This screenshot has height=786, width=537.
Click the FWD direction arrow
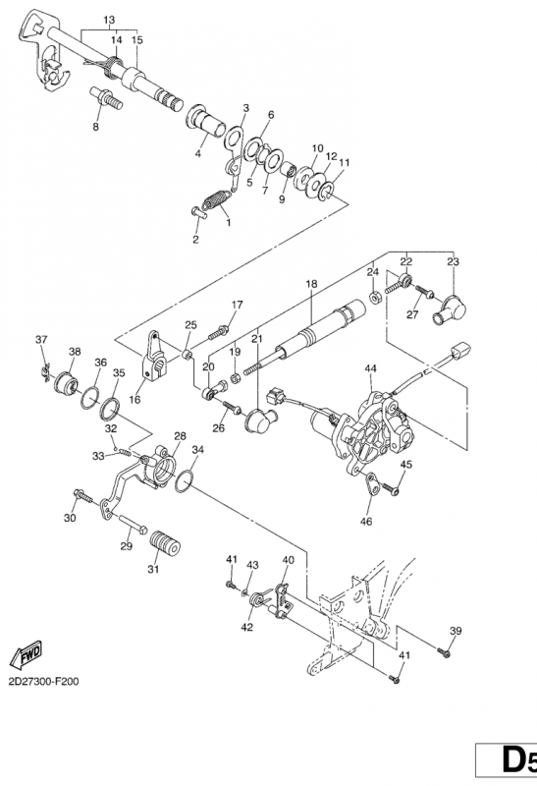point(27,655)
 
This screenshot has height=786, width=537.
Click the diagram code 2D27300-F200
point(43,682)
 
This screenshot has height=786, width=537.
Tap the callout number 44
point(370,368)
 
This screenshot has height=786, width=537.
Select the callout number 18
point(311,284)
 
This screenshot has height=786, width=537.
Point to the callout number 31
point(153,569)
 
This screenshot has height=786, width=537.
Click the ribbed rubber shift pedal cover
point(166,544)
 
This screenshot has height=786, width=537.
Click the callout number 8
point(95,127)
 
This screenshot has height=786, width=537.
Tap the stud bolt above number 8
point(106,98)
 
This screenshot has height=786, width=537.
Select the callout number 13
point(109,20)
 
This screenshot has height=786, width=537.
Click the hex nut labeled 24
point(374,297)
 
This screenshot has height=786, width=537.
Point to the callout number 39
point(455,631)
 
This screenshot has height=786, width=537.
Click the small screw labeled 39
point(444,652)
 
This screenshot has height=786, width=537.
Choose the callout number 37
point(41,339)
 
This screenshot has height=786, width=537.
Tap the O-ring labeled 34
point(184,481)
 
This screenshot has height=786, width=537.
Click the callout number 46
point(366,522)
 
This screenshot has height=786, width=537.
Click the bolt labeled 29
point(133,524)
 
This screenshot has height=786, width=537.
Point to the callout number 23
point(453,261)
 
